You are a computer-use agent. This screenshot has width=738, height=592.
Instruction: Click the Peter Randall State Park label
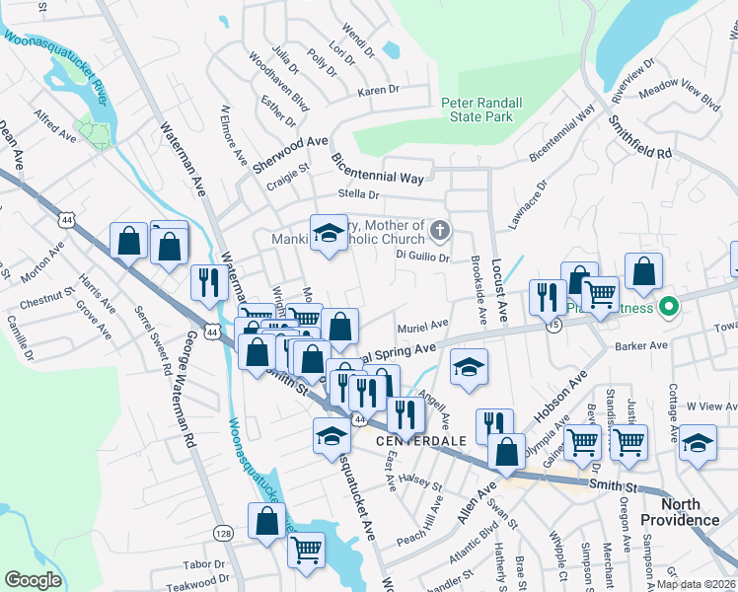click(477, 110)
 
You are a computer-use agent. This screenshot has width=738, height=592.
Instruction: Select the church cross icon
click(440, 232)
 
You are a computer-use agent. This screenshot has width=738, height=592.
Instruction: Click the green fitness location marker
click(670, 308)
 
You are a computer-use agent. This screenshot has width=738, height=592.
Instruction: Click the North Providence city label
click(679, 512)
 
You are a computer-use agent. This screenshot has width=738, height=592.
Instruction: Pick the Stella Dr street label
click(359, 195)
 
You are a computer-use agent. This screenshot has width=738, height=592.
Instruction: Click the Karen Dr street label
click(378, 90)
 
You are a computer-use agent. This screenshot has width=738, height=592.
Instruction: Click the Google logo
click(33, 580)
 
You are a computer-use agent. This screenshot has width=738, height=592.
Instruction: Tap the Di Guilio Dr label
click(422, 257)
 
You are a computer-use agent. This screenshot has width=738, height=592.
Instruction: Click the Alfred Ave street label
click(55, 127)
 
